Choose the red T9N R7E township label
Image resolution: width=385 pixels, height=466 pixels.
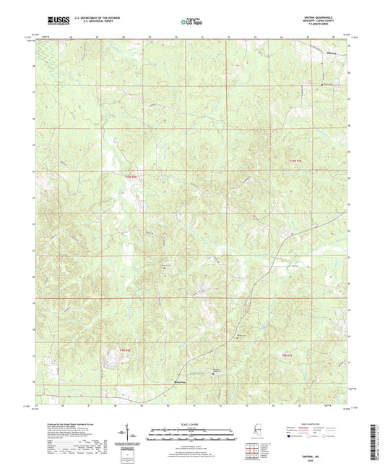coord(288,355)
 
